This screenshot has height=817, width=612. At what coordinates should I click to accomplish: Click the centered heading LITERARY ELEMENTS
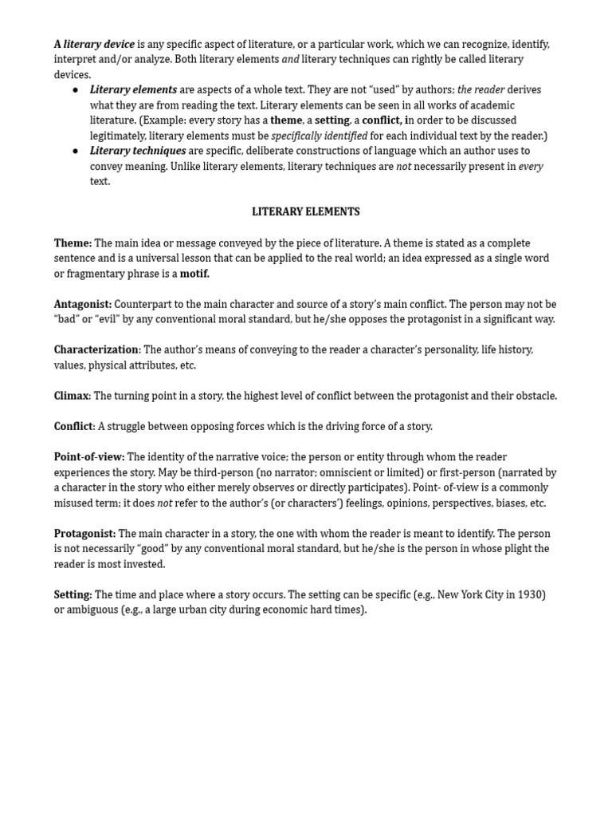click(306, 212)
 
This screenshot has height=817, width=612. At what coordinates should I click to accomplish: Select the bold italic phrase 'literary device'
click(99, 44)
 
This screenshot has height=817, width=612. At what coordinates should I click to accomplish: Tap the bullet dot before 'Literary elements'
click(76, 90)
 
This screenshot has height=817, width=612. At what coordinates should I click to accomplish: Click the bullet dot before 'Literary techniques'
click(76, 151)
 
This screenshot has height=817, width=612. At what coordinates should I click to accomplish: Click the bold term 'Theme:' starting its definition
click(73, 243)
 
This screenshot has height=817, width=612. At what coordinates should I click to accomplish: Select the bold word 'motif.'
click(194, 274)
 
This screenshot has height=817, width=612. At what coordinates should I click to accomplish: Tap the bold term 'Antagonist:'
click(83, 304)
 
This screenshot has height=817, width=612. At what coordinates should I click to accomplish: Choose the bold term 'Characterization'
click(96, 349)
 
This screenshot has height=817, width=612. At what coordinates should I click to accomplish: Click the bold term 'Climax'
click(72, 396)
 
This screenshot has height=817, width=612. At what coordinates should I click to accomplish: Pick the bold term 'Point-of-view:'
click(89, 457)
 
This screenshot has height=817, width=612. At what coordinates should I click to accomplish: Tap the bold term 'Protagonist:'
click(84, 534)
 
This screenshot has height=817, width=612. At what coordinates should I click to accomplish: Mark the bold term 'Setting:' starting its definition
click(73, 595)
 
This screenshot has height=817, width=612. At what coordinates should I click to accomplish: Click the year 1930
click(527, 595)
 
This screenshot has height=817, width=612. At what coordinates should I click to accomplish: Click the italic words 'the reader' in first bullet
click(481, 90)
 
